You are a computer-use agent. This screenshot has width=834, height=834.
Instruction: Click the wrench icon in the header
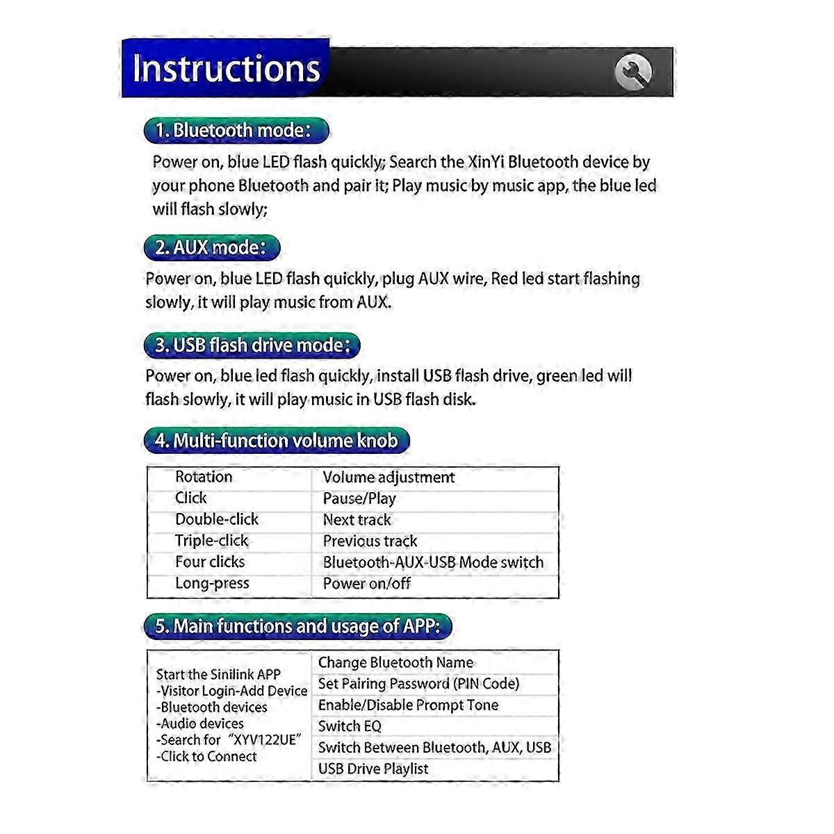(633, 70)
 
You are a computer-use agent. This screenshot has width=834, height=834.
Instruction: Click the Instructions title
(226, 68)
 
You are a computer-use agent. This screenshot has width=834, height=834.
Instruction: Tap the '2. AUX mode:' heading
(211, 247)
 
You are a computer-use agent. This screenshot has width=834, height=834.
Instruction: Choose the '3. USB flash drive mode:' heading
(252, 345)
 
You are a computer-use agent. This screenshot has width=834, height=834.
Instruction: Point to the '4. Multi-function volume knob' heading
(277, 441)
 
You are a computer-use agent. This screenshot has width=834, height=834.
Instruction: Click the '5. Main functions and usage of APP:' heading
(297, 626)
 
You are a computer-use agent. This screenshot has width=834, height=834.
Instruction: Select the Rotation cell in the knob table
(204, 477)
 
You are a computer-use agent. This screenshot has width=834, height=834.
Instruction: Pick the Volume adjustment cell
(389, 477)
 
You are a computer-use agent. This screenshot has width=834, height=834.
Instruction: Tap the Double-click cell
(216, 519)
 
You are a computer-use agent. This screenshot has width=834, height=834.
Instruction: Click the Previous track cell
(370, 541)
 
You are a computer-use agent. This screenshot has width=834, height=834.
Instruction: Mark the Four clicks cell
(210, 562)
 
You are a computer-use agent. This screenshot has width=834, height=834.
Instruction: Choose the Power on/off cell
(366, 583)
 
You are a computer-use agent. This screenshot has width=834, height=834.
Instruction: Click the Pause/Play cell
(359, 498)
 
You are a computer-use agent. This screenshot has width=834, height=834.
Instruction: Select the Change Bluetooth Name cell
(395, 662)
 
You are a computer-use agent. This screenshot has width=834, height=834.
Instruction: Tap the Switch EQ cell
(350, 726)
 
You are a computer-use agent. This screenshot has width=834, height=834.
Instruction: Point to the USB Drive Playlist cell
(373, 769)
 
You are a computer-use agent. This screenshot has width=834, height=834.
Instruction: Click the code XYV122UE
(267, 740)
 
